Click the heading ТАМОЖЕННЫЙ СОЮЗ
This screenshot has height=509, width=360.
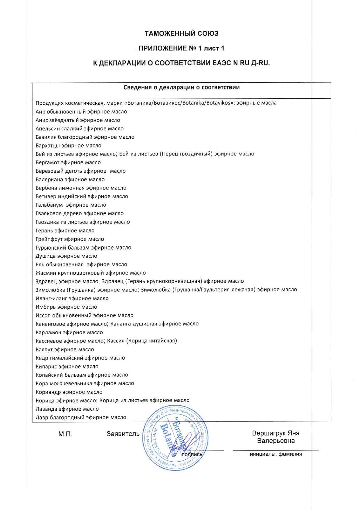pos(181,34)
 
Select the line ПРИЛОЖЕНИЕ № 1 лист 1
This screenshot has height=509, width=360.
pos(181,48)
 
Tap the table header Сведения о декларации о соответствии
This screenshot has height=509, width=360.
pos(181,87)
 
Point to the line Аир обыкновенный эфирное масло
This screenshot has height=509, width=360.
pos(81,112)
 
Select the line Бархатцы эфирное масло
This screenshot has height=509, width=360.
pos(69,146)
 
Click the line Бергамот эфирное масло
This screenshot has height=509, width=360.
pos(68,163)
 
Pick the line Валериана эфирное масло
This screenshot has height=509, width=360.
pos(70,180)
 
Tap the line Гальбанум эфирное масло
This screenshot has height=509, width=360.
pos(71,205)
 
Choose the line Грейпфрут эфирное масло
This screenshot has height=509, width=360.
pos(70,239)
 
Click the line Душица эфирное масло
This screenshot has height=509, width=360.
pos(66,256)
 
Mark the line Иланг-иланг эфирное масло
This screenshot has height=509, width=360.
pos(72,299)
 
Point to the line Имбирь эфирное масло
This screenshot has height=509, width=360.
pos(66,307)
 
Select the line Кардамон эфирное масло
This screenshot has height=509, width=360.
pos(69,333)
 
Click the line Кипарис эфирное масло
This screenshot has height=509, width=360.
pos(67,367)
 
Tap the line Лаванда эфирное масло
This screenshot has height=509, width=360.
pos(67,409)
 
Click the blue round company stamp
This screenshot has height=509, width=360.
pos(175,438)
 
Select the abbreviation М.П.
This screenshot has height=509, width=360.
pos(65,434)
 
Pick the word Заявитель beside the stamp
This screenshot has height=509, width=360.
pos(123,434)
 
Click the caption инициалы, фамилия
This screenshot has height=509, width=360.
pos(276,454)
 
